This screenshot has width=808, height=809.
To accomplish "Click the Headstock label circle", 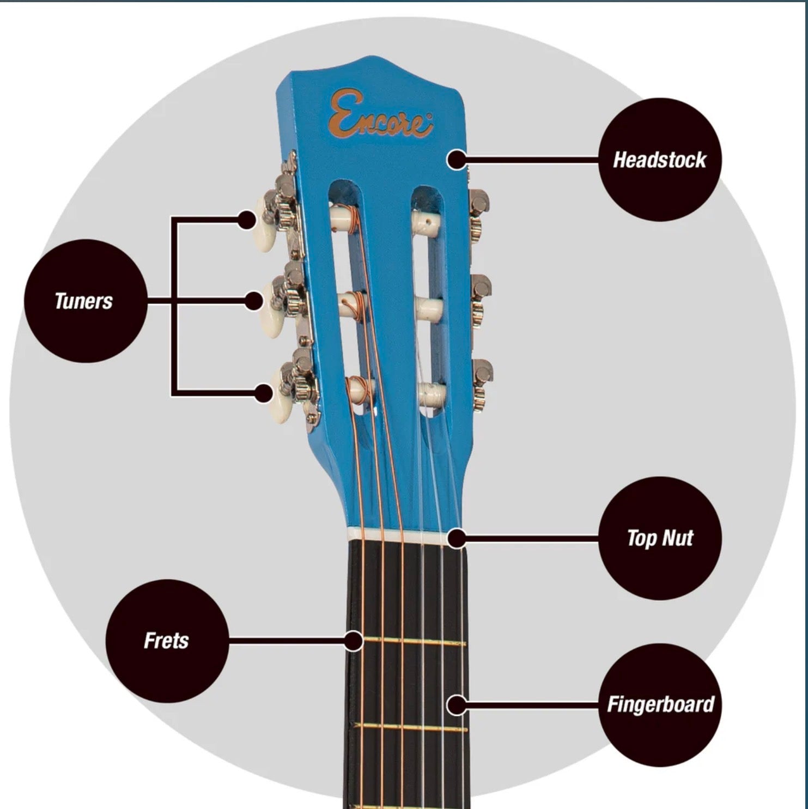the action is coord(660,160).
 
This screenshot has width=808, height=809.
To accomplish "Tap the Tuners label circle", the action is coord(86,301).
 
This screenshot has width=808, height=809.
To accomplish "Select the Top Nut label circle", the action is coord(660,538).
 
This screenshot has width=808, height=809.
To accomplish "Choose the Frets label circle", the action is coord(167,641).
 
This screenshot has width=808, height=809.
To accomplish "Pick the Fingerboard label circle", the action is coord(660,705).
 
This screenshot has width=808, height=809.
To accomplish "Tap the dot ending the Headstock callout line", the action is coord(457,160).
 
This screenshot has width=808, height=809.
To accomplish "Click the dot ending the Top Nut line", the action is coord(457,538).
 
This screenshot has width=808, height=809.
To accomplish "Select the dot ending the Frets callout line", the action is coord(354,641).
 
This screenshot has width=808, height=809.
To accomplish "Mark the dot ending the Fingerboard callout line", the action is coord(457,705).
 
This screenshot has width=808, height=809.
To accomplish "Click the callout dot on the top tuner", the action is coord(247,220).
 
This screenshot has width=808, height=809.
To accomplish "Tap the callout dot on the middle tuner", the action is coord(253,301).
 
